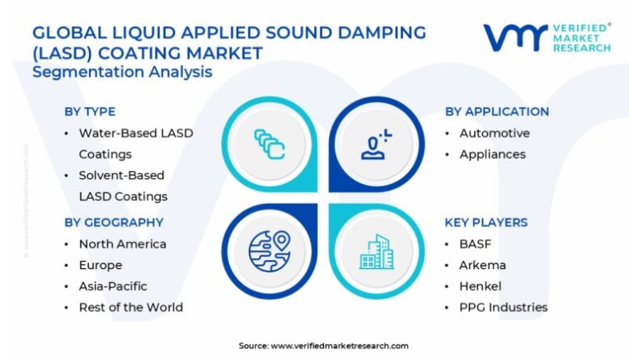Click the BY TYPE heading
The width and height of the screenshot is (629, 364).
point(90,111)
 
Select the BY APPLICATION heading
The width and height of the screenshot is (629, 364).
point(497,111)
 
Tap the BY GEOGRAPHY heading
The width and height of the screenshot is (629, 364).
point(114,222)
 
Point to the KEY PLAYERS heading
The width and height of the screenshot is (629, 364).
point(486,222)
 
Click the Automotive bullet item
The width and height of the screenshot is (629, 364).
point(495,133)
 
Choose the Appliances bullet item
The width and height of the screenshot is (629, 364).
point(492,154)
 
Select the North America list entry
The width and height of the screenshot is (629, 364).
point(123,243)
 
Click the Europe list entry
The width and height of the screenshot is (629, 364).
point(101,265)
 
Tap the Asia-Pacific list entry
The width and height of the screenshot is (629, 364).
point(113,286)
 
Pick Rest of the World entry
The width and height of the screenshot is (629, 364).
point(131,307)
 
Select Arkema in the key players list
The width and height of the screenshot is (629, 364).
point(483,265)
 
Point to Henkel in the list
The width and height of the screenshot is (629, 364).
point(481,286)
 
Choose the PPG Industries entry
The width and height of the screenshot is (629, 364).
point(504,307)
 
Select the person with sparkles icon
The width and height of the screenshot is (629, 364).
point(376,144)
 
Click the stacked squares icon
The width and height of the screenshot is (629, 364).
point(270,144)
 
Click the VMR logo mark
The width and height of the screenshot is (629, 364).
point(515,37)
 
